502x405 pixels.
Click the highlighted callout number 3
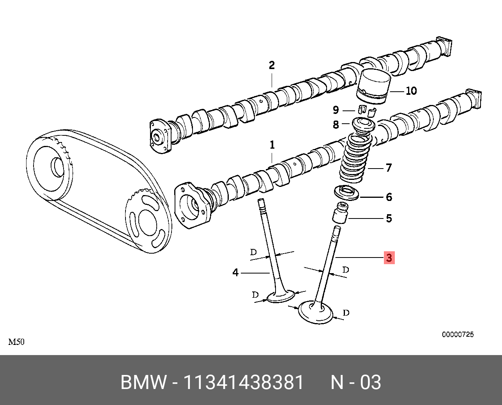click(x=389, y=258)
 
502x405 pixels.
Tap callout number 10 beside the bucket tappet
click(x=411, y=91)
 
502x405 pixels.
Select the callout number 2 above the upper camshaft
click(x=272, y=65)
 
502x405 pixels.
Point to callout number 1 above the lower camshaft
click(x=272, y=145)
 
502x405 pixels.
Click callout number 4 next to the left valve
click(x=235, y=272)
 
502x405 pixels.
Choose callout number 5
click(x=389, y=218)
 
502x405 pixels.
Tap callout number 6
click(x=389, y=197)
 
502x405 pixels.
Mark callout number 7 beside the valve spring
click(x=388, y=168)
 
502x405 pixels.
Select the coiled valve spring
click(x=355, y=160)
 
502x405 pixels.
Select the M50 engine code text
click(x=16, y=342)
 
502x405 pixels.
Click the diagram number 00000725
click(x=458, y=334)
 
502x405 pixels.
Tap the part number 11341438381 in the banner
click(x=243, y=382)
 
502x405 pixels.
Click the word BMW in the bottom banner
click(x=143, y=382)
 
